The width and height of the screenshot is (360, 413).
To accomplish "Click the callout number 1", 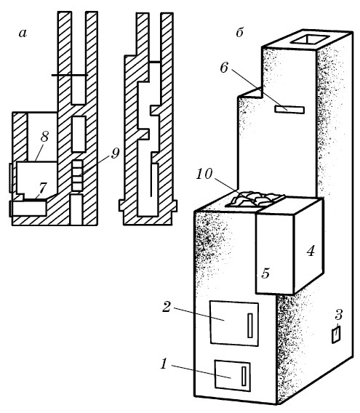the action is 164,364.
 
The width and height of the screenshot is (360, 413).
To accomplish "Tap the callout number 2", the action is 167,307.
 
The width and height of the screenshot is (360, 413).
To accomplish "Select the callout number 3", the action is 339,315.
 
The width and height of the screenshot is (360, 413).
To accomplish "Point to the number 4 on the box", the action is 311,251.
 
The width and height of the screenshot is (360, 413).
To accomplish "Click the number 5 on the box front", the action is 265,273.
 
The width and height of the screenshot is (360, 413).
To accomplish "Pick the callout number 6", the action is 224,68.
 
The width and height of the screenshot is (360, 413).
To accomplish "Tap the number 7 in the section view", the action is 42,188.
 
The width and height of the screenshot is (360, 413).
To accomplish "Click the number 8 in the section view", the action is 44,137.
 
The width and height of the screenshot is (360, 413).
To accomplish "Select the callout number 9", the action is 115,153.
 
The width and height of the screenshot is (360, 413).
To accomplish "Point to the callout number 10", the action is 204,174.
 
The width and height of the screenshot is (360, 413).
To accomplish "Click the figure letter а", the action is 23,33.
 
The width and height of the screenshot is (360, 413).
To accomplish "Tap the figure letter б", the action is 239,33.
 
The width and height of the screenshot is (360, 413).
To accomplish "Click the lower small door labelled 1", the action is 233,375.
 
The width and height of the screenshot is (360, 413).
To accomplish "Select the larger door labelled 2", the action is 234,323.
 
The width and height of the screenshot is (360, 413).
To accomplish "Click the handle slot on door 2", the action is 250,325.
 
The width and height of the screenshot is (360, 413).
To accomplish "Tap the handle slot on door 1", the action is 244,376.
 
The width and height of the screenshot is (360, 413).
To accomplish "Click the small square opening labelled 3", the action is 336,334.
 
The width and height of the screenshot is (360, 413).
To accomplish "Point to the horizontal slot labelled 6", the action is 289,110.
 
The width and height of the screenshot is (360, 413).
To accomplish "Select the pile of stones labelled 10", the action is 255,199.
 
